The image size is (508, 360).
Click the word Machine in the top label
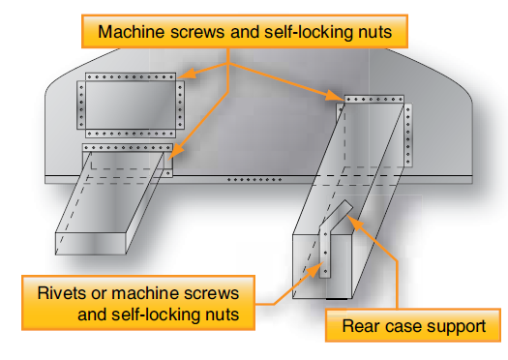(132, 32)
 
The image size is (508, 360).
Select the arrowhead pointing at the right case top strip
(335, 95)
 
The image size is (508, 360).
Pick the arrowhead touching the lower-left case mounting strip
(175, 152)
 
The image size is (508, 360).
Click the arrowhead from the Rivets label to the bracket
(315, 270)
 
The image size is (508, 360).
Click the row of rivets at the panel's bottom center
(254, 179)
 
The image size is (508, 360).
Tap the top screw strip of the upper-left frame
(131, 76)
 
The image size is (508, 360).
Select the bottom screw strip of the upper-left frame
(131, 134)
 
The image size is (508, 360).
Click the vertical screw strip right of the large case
(408, 135)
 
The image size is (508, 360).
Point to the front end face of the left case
(90, 243)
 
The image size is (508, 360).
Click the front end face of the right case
(321, 266)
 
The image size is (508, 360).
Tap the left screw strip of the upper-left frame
(81, 105)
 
